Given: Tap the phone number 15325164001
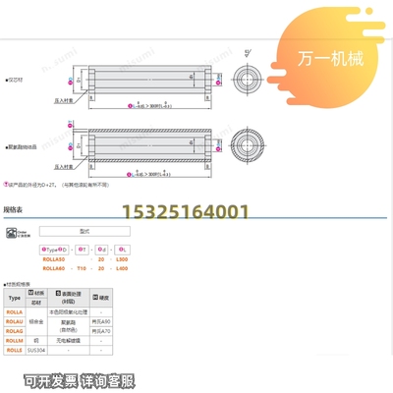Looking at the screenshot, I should point(184,210).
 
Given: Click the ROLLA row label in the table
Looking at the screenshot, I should point(16,310).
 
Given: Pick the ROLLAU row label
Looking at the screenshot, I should point(16,321).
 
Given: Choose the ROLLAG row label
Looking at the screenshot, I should point(16,332).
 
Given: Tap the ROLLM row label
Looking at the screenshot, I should point(16,342).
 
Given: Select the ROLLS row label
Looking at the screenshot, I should point(16,352).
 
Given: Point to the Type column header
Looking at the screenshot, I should point(15,297).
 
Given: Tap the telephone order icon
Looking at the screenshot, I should point(13,235).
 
